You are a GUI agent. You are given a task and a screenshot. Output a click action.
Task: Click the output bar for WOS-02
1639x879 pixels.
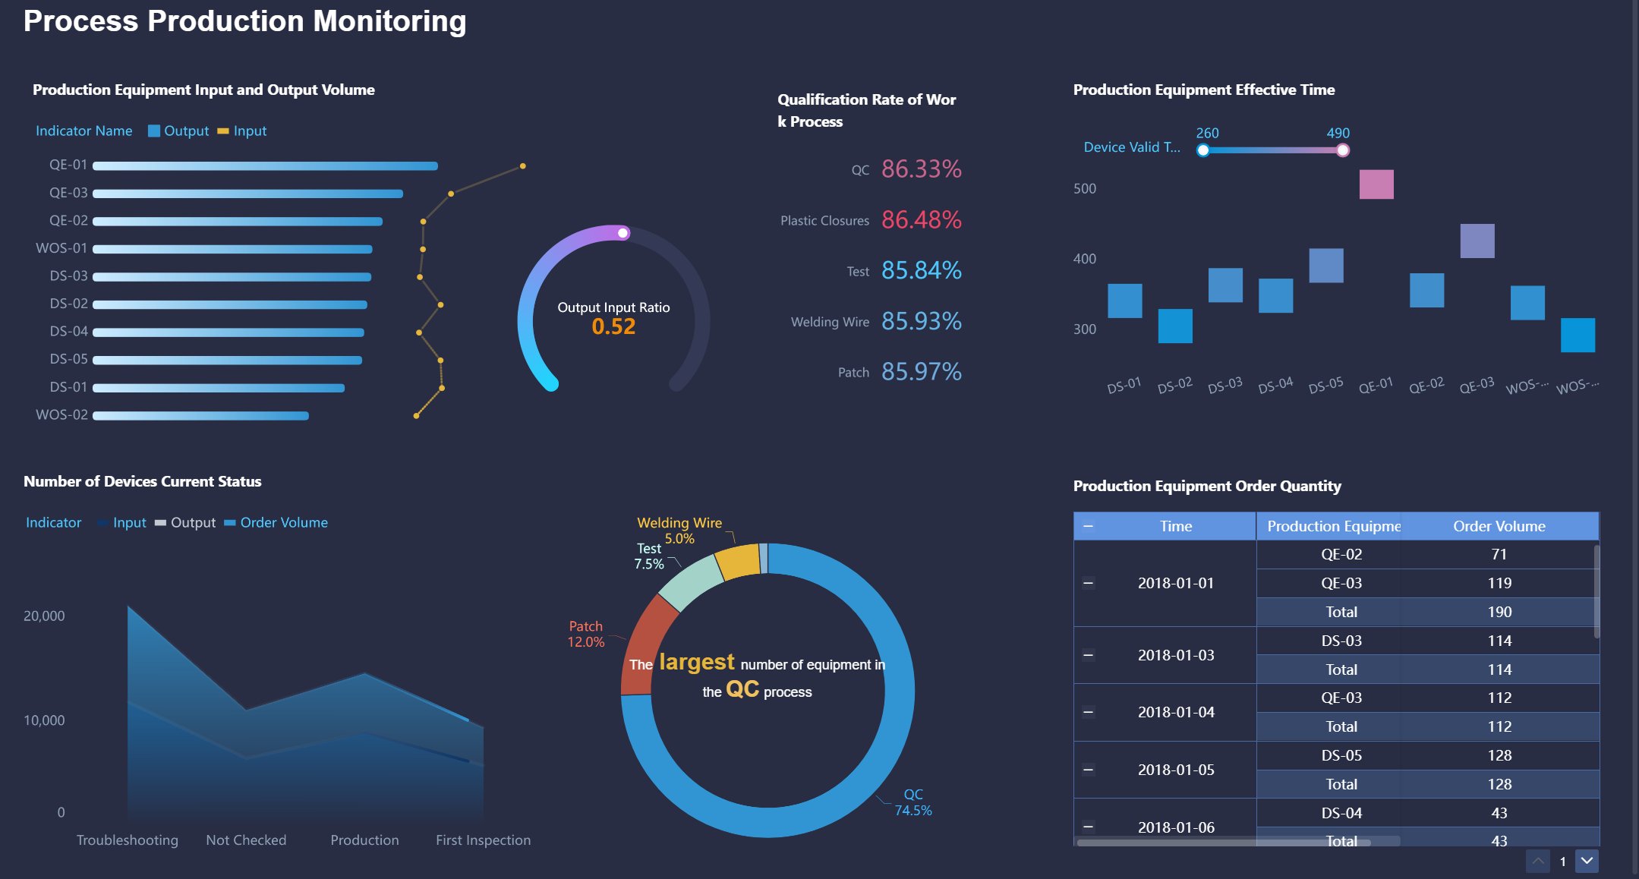200,415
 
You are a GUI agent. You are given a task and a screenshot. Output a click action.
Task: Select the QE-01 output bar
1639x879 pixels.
265,165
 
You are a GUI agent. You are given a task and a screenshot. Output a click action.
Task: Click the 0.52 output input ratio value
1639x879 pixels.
613,326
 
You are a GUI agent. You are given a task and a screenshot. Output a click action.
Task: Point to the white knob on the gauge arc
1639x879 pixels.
623,233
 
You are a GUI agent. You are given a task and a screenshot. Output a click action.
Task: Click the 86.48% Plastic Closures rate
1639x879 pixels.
921,220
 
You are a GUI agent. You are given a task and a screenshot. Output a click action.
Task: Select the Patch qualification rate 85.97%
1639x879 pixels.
921,372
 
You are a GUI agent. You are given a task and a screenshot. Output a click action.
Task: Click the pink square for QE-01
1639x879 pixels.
1376,184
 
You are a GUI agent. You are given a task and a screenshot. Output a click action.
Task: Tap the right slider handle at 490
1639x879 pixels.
1342,150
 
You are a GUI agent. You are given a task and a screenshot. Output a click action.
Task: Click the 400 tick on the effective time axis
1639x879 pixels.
1084,259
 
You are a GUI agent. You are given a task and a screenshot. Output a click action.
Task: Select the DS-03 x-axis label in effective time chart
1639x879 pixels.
1225,385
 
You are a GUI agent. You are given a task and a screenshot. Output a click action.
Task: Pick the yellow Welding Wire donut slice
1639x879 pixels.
737,562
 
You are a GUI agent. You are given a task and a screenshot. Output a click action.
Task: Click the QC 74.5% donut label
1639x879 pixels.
912,802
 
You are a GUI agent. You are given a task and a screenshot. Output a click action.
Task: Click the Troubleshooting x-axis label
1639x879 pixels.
128,840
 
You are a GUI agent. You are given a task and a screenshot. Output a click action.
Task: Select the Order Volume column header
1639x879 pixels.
1499,526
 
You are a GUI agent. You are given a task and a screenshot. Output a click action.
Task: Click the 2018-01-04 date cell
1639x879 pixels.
1175,712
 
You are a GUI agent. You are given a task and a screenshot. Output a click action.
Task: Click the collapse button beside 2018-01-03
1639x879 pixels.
1088,655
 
